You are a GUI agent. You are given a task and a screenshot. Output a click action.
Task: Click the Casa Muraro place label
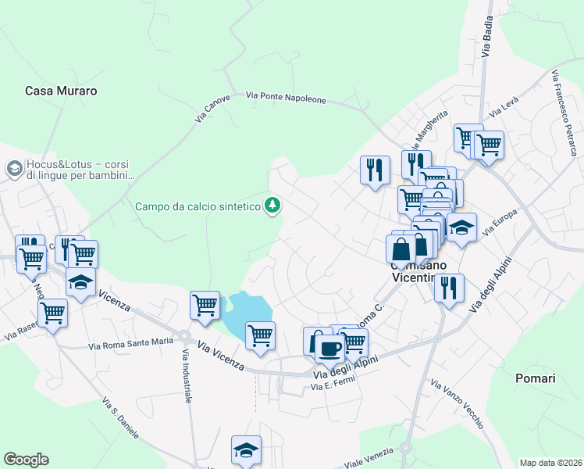point(61,91)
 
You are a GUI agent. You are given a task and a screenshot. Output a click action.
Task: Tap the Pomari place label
point(535,378)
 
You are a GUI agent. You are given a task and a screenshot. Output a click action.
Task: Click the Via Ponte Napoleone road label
point(286,98)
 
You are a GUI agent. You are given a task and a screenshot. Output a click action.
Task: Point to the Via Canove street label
point(212,108)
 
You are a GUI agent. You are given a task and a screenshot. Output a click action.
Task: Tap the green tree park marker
point(272,206)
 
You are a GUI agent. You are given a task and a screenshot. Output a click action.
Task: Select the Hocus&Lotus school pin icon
point(13,168)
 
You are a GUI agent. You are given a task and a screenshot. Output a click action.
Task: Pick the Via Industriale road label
point(187,376)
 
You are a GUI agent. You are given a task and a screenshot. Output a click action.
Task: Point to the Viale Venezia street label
point(366,457)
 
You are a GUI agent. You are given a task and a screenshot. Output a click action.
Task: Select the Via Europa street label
point(500,224)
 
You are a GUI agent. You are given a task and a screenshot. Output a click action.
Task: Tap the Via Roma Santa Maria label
point(130,342)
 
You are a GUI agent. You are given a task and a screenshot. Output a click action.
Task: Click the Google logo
point(26,460)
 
